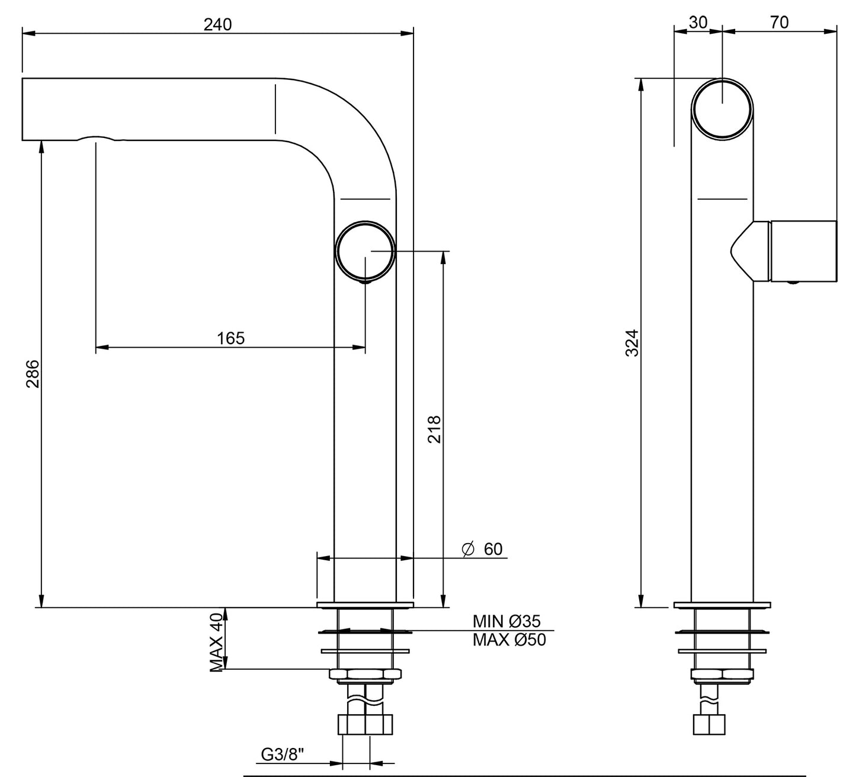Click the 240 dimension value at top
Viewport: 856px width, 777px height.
pyautogui.click(x=217, y=24)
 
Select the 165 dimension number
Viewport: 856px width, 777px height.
pyautogui.click(x=230, y=338)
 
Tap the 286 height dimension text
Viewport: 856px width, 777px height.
pyautogui.click(x=33, y=374)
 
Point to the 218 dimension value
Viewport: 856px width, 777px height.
pyautogui.click(x=434, y=429)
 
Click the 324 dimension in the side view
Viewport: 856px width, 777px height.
pyautogui.click(x=633, y=343)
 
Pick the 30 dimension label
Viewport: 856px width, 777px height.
pyautogui.click(x=698, y=22)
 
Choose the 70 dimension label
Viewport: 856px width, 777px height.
pyautogui.click(x=780, y=22)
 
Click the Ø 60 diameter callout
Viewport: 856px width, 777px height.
pyautogui.click(x=482, y=549)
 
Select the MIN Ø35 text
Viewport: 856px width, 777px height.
pyautogui.click(x=506, y=621)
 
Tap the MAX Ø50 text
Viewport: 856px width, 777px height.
pyautogui.click(x=509, y=640)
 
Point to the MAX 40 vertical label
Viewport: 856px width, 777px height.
pyautogui.click(x=217, y=643)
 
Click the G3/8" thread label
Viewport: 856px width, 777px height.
pyautogui.click(x=282, y=755)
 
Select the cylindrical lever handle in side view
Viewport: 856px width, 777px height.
pyautogui.click(x=803, y=252)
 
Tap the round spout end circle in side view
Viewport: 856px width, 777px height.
pyautogui.click(x=723, y=109)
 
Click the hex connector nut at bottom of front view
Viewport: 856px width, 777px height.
pyautogui.click(x=366, y=724)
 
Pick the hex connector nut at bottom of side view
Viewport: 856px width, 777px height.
pyautogui.click(x=709, y=724)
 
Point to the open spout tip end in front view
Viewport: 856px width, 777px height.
pyautogui.click(x=24, y=109)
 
